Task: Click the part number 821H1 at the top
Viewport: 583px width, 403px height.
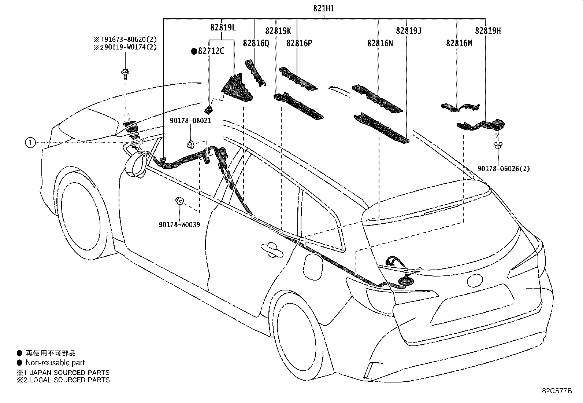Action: [x=324, y=8]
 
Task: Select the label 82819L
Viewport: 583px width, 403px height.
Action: [x=223, y=27]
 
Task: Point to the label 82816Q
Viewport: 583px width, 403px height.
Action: [x=256, y=43]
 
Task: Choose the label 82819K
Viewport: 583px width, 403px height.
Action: [x=278, y=31]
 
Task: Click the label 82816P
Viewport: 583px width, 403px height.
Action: [x=299, y=43]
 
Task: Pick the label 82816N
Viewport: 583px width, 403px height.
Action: [x=380, y=43]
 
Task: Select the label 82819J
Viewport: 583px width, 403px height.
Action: [x=409, y=31]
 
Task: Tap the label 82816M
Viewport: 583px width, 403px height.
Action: [x=459, y=43]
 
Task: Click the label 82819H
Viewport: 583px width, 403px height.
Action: [x=488, y=31]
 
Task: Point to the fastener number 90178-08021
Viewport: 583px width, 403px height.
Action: [x=190, y=121]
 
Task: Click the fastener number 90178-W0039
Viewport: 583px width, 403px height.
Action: [x=179, y=224]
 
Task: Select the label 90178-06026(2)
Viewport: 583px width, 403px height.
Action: [x=504, y=169]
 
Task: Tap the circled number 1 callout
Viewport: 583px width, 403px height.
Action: [x=30, y=143]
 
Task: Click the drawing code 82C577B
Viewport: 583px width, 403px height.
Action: [x=557, y=391]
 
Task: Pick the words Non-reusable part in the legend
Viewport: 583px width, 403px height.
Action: [x=55, y=363]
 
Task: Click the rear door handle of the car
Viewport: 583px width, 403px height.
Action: [x=272, y=250]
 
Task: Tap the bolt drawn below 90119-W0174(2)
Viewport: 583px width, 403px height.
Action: [x=125, y=74]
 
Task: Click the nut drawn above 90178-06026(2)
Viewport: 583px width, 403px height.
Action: [x=498, y=145]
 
